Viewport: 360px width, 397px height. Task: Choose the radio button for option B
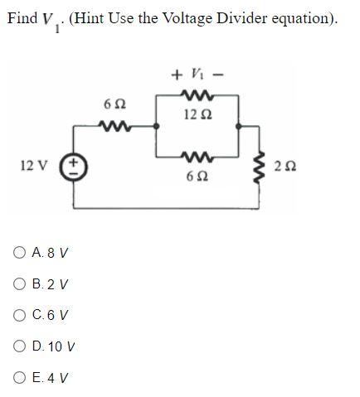point(19,283)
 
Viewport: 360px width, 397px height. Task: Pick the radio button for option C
point(19,315)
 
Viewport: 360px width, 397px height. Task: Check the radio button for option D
point(19,346)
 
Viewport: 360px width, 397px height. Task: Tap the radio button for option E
point(19,378)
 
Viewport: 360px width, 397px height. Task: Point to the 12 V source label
point(32,166)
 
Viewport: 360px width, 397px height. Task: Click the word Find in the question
point(22,18)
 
